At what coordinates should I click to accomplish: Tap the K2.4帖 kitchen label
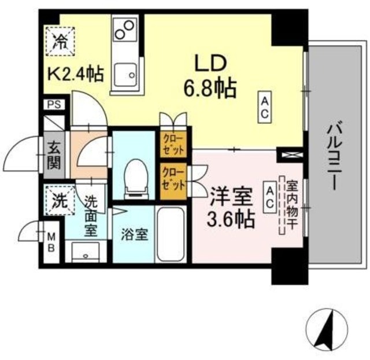click(75, 74)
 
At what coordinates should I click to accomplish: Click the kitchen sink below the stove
click(126, 74)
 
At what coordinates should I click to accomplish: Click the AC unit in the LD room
click(264, 108)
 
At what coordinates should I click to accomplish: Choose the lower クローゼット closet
click(174, 179)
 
